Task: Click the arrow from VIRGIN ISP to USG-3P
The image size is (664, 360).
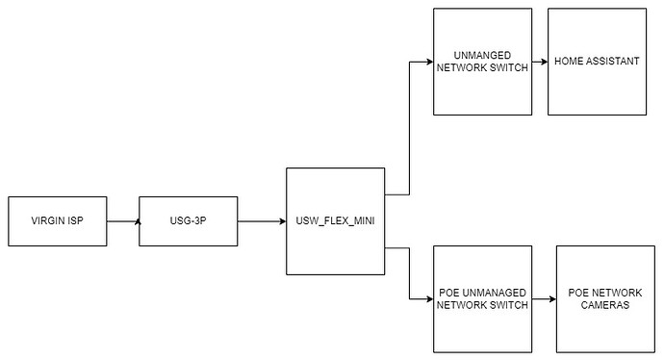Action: pos(123,221)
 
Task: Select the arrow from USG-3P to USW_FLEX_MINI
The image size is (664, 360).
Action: pos(261,221)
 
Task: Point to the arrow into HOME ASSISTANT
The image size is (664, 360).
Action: pos(540,62)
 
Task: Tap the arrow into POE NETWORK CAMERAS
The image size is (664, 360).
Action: pos(544,298)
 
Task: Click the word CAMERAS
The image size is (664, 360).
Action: pos(603,305)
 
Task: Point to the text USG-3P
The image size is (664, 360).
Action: pos(188,221)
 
